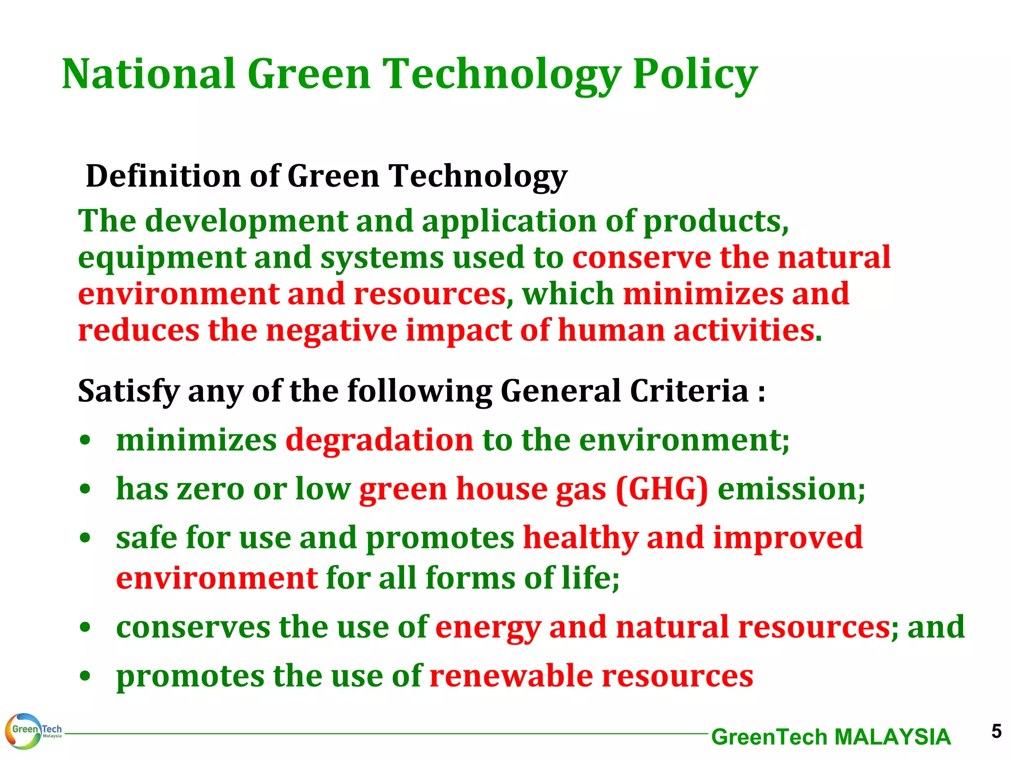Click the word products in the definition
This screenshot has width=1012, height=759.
[x=716, y=221]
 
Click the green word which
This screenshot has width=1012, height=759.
[x=568, y=294]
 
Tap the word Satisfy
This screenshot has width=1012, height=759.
[x=128, y=391]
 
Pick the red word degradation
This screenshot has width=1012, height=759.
[x=379, y=440]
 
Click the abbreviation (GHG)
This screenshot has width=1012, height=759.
[x=662, y=489]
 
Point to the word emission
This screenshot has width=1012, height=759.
[x=791, y=489]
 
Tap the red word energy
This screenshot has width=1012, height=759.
[x=488, y=628]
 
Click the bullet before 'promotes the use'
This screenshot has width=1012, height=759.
[x=85, y=676]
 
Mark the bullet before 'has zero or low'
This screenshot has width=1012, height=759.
[x=85, y=489]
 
